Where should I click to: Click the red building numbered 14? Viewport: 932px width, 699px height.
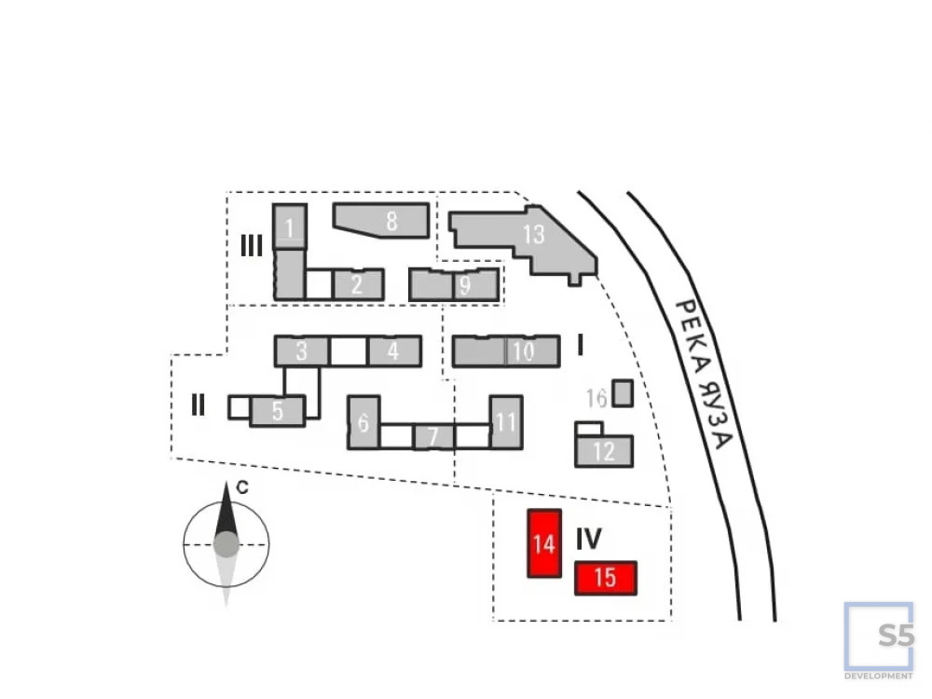coord(544,543)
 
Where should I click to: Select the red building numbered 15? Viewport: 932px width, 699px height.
coord(605,578)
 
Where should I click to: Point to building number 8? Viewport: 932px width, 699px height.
coord(390,221)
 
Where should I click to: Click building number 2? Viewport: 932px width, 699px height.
coord(357,284)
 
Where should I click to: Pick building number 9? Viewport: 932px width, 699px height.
coord(464,285)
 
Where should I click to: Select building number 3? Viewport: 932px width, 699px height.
coord(301,351)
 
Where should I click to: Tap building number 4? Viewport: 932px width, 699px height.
coord(393,351)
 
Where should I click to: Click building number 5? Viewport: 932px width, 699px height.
coord(277,410)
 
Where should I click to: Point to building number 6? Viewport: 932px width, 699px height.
coord(363,422)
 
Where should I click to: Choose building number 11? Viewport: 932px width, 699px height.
coord(505,422)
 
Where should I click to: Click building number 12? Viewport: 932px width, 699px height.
coord(604,452)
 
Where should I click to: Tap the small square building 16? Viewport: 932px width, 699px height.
coord(623,393)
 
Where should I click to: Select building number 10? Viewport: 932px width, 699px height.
coord(522,351)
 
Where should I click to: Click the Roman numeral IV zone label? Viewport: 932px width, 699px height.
coord(588,539)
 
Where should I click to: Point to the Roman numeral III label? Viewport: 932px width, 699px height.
coord(252,246)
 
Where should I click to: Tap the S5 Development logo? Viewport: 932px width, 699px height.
coord(878,640)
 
